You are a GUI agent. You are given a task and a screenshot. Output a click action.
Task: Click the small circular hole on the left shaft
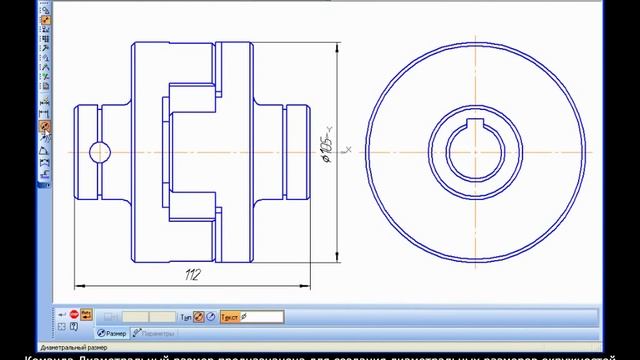99,152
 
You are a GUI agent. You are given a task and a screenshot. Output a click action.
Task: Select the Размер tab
111,332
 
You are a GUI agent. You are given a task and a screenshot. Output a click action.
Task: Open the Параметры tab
155,332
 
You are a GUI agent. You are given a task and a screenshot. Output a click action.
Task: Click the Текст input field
262,317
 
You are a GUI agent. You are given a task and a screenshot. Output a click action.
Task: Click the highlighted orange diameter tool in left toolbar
45,126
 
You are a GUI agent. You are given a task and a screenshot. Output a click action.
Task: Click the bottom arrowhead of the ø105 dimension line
337,261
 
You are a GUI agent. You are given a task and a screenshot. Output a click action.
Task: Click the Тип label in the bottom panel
185,317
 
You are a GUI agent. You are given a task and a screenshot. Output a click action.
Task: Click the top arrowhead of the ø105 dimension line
337,45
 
